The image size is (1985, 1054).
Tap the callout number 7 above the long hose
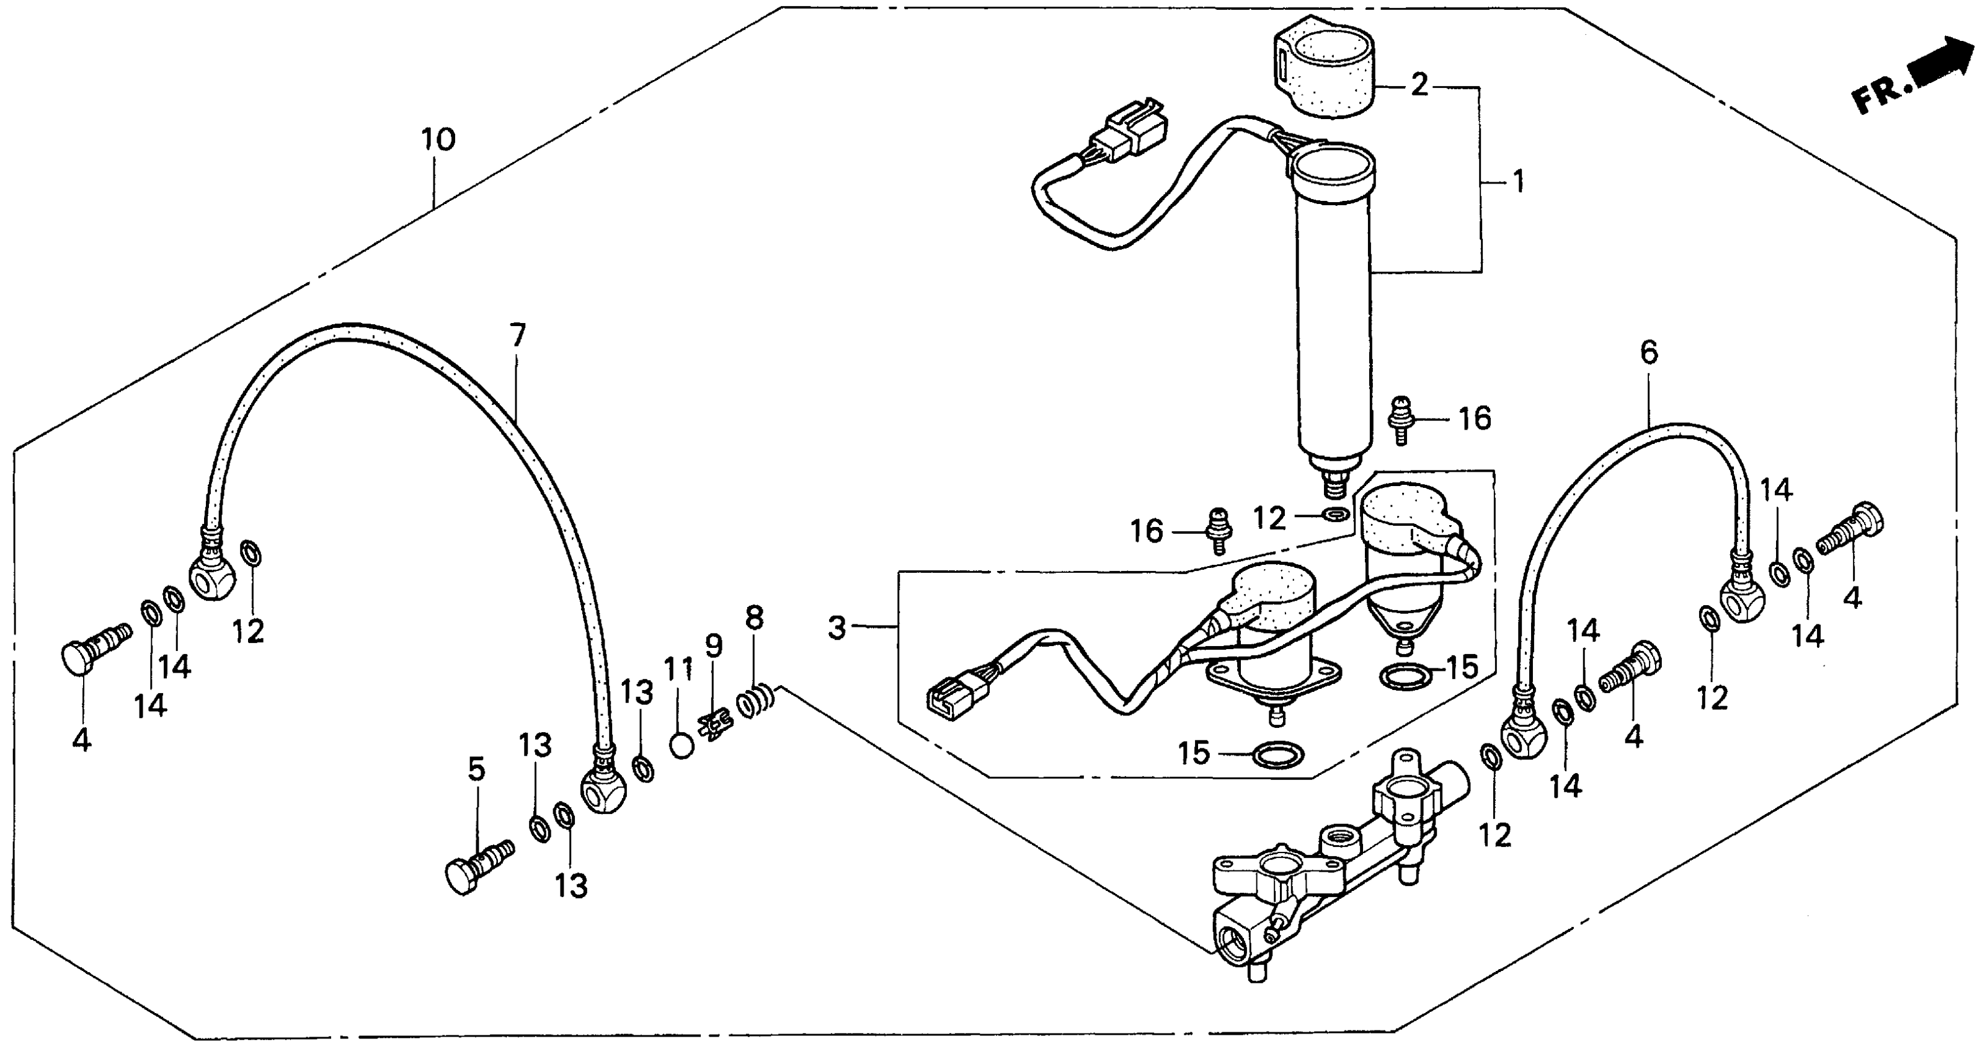(x=518, y=335)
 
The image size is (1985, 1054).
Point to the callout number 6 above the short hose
(x=1648, y=353)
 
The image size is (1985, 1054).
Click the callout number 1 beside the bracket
(x=1519, y=183)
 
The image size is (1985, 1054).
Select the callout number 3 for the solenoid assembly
(x=837, y=628)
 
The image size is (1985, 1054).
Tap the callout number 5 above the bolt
(x=477, y=769)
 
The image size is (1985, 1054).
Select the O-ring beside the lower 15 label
(x=1279, y=755)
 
